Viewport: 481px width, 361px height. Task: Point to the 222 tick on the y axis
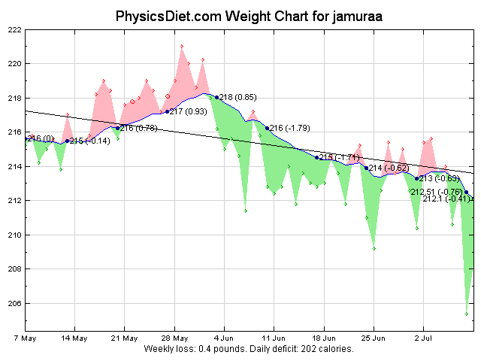coord(14,29)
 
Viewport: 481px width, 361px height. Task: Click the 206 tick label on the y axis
coord(14,303)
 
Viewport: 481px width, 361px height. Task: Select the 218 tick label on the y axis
coord(14,98)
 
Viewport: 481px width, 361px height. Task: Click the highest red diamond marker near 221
coord(182,46)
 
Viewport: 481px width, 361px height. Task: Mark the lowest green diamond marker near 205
coord(467,314)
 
